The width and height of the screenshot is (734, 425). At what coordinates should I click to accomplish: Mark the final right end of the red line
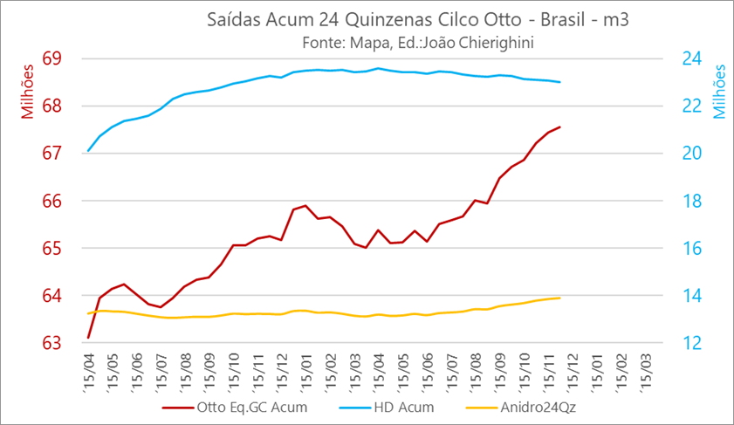pos(559,127)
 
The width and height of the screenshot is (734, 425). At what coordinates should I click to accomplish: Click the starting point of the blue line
pos(88,151)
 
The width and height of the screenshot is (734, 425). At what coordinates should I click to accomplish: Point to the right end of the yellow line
pos(559,298)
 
